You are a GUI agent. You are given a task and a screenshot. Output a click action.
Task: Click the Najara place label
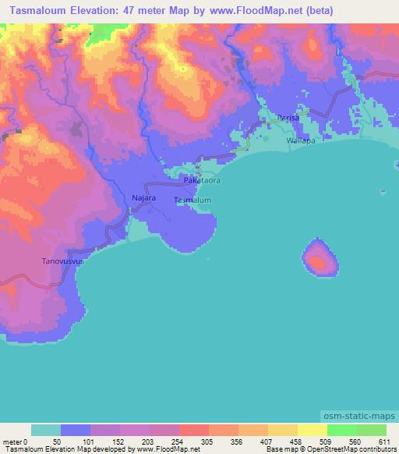click(144, 199)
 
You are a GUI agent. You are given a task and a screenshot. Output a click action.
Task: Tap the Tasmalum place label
click(192, 200)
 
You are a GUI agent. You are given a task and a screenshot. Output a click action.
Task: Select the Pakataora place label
click(202, 180)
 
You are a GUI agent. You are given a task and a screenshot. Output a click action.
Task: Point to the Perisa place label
click(289, 117)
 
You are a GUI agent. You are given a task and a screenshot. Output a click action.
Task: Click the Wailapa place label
click(301, 141)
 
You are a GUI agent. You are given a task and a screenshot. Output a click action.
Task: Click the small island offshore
click(321, 257)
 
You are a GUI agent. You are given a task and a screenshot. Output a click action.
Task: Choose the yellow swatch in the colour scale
click(312, 430)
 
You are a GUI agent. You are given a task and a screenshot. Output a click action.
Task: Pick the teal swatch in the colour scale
click(46, 430)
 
